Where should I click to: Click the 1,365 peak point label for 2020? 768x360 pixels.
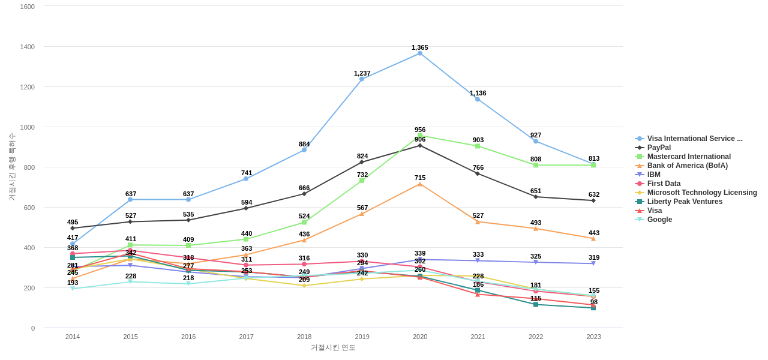pyautogui.click(x=420, y=47)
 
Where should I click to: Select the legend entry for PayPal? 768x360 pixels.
pyautogui.click(x=659, y=148)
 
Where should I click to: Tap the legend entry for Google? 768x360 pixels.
pyautogui.click(x=659, y=220)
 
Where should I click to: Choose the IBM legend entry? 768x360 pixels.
pyautogui.click(x=655, y=175)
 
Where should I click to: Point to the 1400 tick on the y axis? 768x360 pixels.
pyautogui.click(x=28, y=47)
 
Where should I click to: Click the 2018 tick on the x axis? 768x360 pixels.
pyautogui.click(x=304, y=337)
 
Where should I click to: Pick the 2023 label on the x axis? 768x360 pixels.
pyautogui.click(x=593, y=337)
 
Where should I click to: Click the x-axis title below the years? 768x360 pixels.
pyautogui.click(x=333, y=347)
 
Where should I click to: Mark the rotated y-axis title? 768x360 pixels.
pyautogui.click(x=11, y=167)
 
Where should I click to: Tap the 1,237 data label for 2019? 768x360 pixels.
pyautogui.click(x=362, y=73)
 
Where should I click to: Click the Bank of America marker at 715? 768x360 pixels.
pyautogui.click(x=420, y=184)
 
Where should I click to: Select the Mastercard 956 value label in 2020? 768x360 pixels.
pyautogui.click(x=420, y=130)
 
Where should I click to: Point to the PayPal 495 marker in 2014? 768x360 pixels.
pyautogui.click(x=73, y=228)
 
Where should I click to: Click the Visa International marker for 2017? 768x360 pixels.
pyautogui.click(x=246, y=179)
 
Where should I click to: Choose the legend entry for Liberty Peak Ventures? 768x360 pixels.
pyautogui.click(x=685, y=202)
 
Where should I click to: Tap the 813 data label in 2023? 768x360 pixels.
pyautogui.click(x=594, y=158)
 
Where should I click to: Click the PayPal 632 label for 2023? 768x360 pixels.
pyautogui.click(x=594, y=194)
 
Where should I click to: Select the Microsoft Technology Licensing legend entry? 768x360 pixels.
pyautogui.click(x=702, y=193)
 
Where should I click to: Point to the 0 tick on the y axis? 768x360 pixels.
pyautogui.click(x=33, y=328)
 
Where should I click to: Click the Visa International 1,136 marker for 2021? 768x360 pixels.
pyautogui.click(x=478, y=99)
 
